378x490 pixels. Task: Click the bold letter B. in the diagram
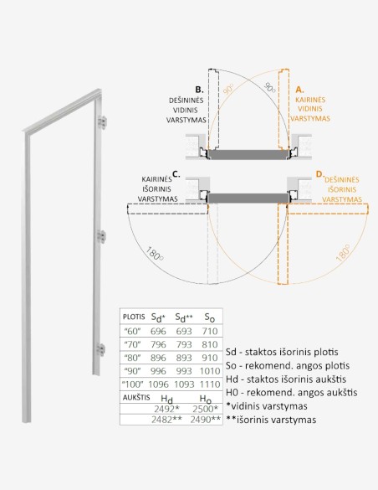tap(199, 89)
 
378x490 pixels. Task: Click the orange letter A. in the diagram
tap(299, 89)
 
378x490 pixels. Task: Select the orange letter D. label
tap(319, 175)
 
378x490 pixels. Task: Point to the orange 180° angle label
tap(343, 252)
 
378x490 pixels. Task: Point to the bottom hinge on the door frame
tap(104, 350)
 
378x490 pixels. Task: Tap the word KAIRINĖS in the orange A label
tap(310, 100)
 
